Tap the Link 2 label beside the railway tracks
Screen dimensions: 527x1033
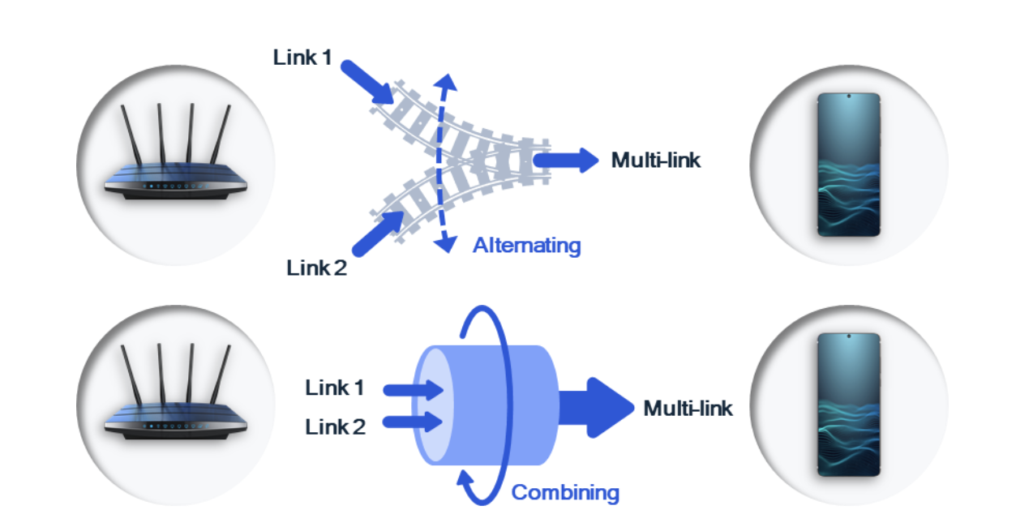tap(316, 268)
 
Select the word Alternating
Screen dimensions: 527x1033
tap(526, 245)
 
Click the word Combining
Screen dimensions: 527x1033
tap(565, 492)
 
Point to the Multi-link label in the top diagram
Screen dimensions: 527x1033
tap(655, 160)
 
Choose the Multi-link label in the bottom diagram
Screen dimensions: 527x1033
tap(688, 408)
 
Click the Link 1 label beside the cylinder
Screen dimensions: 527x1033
tap(334, 388)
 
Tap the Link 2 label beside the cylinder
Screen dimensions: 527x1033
tap(335, 426)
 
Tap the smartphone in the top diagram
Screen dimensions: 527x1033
tap(848, 165)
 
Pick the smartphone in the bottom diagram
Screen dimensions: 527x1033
tap(848, 403)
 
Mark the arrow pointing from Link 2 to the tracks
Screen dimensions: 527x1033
tap(378, 234)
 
